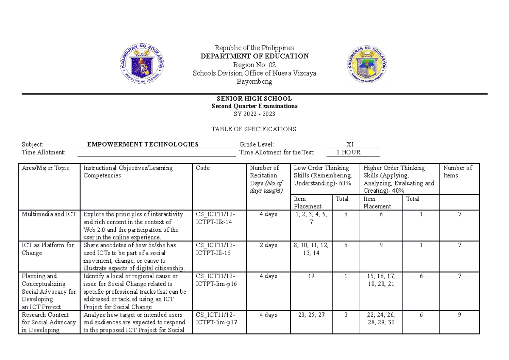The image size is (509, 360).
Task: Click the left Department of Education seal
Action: [x=142, y=65]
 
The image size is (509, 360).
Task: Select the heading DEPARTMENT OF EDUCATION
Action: [x=255, y=56]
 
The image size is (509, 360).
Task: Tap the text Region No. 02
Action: [x=255, y=65]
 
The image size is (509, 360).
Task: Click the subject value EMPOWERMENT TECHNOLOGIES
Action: [x=143, y=144]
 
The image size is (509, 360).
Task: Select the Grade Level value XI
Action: [x=350, y=144]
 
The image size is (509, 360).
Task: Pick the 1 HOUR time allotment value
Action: [x=348, y=152]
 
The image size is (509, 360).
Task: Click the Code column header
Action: [x=203, y=168]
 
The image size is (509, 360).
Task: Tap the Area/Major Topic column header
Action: [x=45, y=168]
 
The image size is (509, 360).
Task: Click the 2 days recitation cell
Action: [x=268, y=245]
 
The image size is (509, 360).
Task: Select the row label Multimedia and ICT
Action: [x=49, y=214]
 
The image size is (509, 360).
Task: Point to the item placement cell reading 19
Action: [x=311, y=276]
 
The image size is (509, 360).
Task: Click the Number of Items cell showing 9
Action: [x=459, y=315]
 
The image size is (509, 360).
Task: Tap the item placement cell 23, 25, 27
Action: [x=311, y=315]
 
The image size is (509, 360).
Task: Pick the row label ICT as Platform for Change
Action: [x=48, y=249]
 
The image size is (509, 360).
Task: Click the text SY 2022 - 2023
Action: [x=255, y=114]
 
